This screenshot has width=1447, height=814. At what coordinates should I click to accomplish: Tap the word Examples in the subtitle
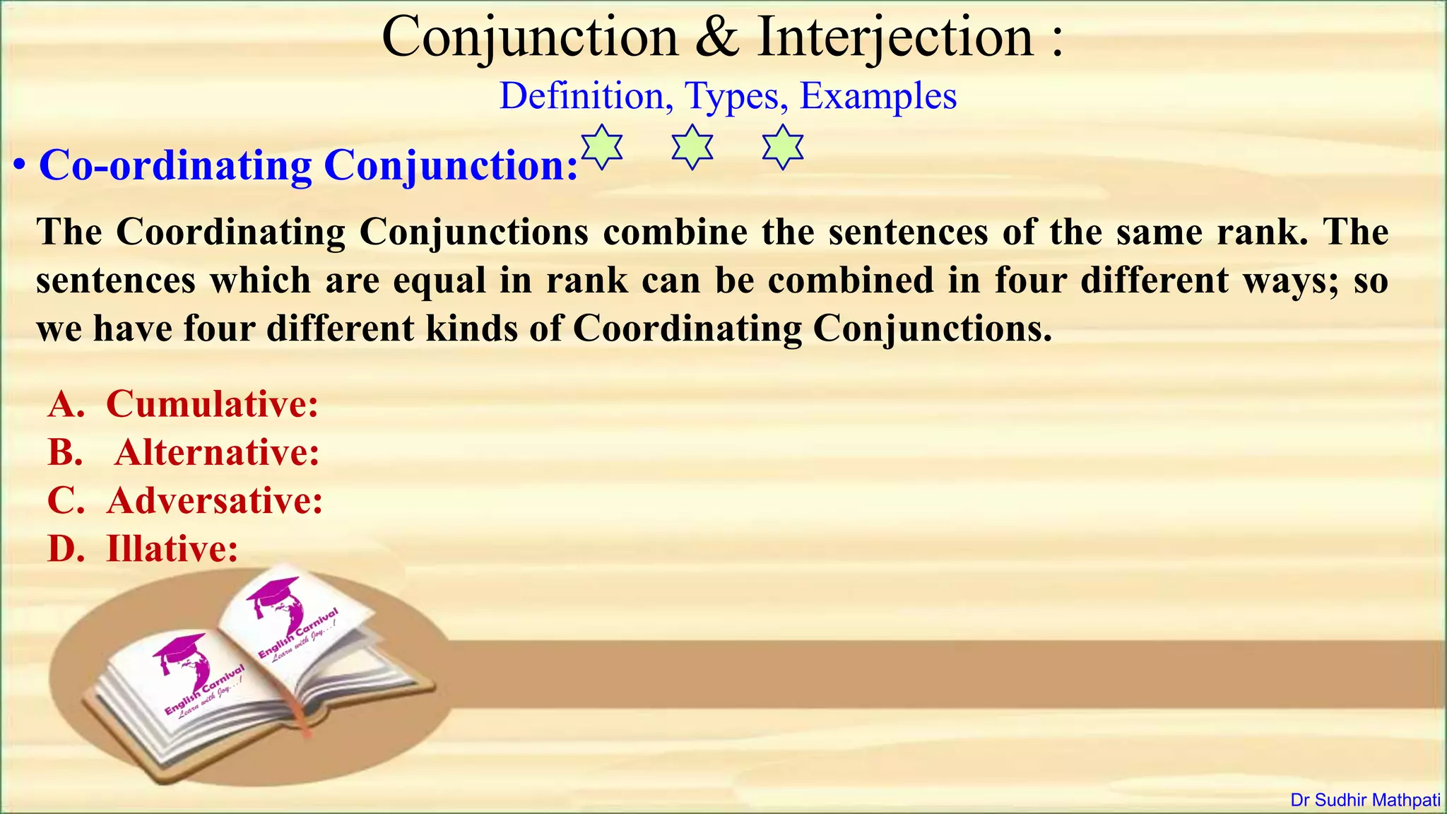[878, 96]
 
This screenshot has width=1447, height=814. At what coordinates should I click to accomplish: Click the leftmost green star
[601, 147]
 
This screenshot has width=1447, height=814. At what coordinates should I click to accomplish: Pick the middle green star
[692, 147]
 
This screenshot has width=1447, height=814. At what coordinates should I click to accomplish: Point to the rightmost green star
[783, 147]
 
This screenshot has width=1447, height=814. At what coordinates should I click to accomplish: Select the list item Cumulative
[212, 404]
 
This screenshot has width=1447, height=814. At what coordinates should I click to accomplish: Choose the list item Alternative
[217, 452]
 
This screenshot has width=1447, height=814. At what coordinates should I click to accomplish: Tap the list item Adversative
[215, 500]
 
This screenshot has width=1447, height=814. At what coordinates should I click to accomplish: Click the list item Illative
[172, 548]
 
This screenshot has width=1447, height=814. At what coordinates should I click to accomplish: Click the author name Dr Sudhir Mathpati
[1365, 801]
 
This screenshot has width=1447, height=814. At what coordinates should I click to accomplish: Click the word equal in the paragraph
[439, 281]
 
